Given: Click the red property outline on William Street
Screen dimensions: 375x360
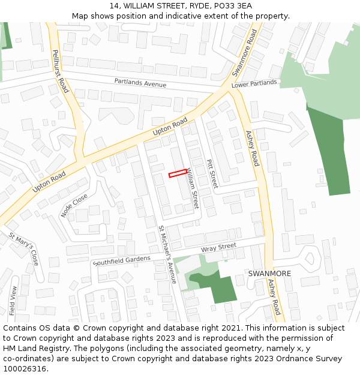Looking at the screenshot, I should click(x=177, y=173).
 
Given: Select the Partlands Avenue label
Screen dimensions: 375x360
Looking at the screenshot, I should click(x=140, y=83).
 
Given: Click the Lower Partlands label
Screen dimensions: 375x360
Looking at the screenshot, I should click(x=254, y=83).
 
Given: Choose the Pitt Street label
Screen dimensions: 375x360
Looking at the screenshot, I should click(x=211, y=173).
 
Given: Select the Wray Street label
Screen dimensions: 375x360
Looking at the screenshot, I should click(x=218, y=247).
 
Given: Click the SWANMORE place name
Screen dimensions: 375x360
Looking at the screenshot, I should click(x=269, y=274).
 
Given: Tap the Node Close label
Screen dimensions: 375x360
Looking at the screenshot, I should click(x=74, y=206).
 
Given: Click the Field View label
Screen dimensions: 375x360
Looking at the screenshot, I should click(x=13, y=301).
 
